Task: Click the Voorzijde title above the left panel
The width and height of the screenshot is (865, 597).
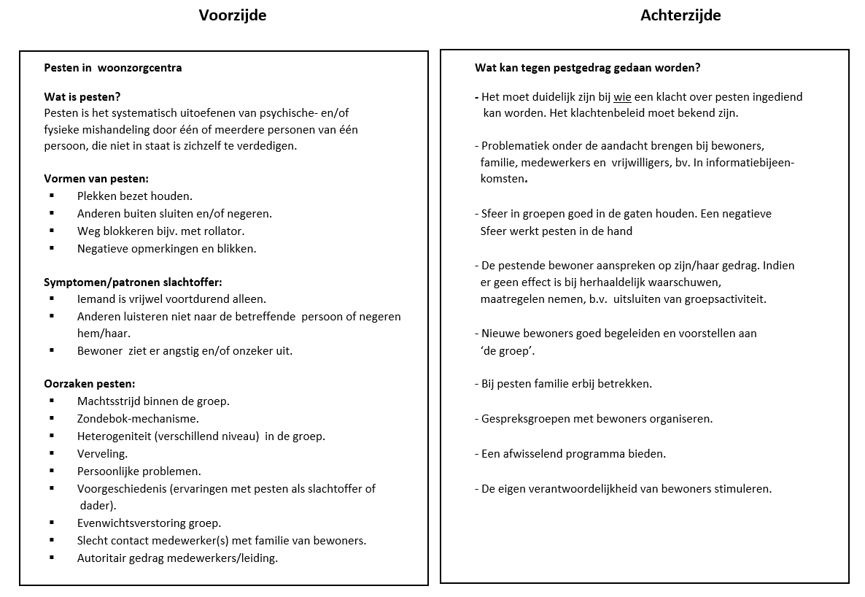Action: click(232, 15)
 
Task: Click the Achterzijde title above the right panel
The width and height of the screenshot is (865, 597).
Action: click(680, 15)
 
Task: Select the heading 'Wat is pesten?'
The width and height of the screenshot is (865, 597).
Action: click(82, 96)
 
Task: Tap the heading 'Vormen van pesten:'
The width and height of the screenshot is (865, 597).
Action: click(96, 179)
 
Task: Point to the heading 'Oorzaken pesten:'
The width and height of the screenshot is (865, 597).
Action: click(89, 384)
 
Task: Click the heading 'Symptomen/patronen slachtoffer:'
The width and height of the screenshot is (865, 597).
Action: click(133, 282)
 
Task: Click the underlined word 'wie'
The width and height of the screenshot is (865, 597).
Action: click(622, 97)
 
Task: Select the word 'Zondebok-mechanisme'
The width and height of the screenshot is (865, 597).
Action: click(137, 419)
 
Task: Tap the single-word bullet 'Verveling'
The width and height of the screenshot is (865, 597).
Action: click(101, 454)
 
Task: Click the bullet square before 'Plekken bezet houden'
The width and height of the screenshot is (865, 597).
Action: click(52, 196)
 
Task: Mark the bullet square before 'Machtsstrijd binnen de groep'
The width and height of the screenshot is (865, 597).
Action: click(52, 401)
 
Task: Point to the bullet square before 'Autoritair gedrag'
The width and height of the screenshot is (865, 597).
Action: click(52, 558)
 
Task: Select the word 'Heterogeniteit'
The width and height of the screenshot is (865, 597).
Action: click(113, 436)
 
